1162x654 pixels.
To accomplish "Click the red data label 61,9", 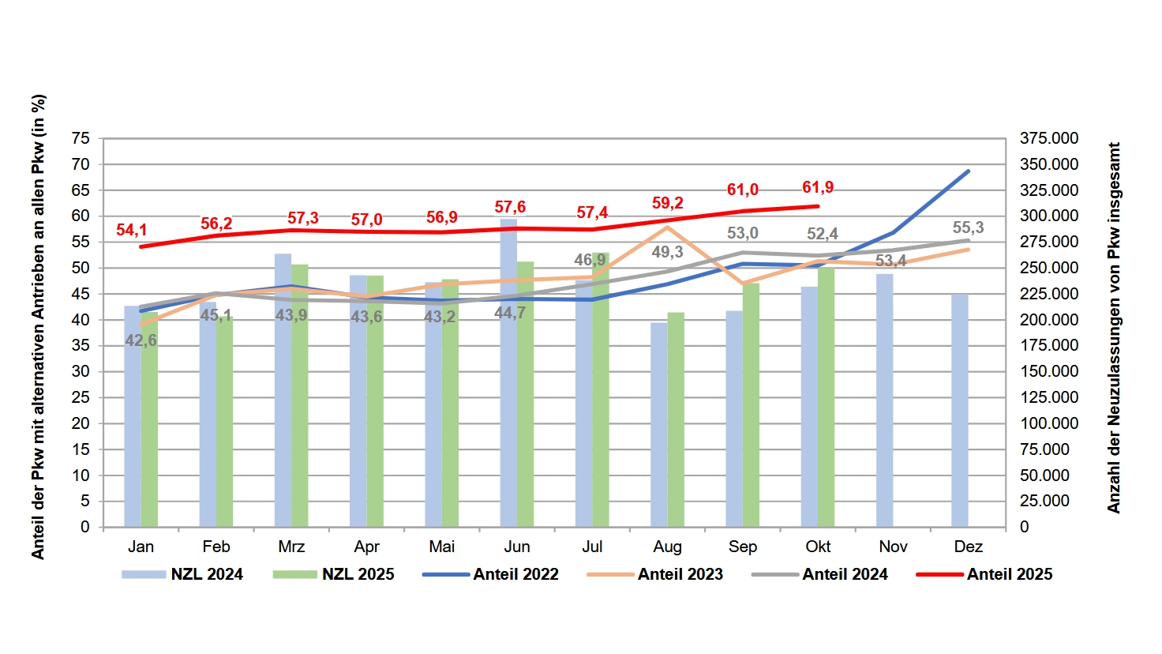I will [x=818, y=187].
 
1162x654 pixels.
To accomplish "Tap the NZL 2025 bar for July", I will [x=601, y=395].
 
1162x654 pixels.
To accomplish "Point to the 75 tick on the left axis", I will [x=81, y=138].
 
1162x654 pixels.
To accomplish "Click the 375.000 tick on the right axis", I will [x=1049, y=138].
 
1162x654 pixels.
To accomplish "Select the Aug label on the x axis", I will [x=668, y=547].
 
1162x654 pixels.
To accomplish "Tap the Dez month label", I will [x=968, y=547].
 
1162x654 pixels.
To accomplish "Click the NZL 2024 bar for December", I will [x=960, y=411].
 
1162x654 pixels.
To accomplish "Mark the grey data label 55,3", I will [x=968, y=227].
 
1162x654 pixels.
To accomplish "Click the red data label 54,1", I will [x=132, y=230].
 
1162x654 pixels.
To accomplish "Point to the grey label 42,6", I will [x=141, y=340].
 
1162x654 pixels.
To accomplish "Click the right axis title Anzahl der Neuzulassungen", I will [x=1114, y=328].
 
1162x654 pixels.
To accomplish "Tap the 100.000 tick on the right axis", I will [x=1049, y=423].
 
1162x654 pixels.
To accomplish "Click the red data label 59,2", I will [x=668, y=203].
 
